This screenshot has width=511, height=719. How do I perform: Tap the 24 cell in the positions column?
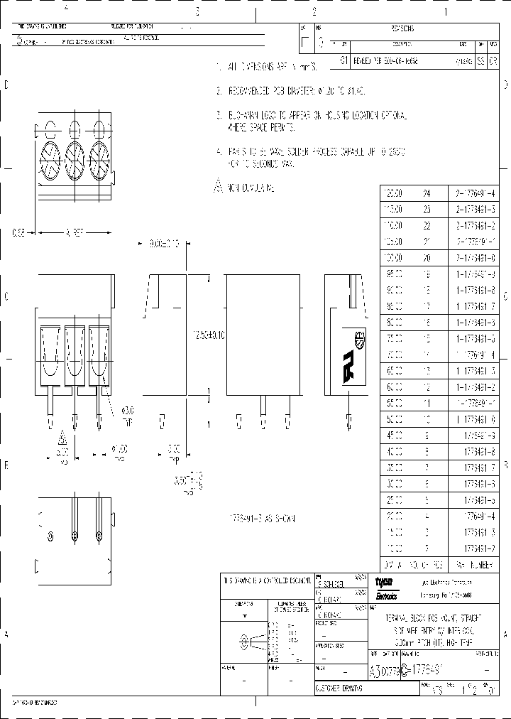pyautogui.click(x=427, y=193)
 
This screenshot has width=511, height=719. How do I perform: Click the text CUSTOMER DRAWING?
pyautogui.click(x=339, y=689)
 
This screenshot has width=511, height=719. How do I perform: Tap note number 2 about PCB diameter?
pyautogui.click(x=219, y=92)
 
